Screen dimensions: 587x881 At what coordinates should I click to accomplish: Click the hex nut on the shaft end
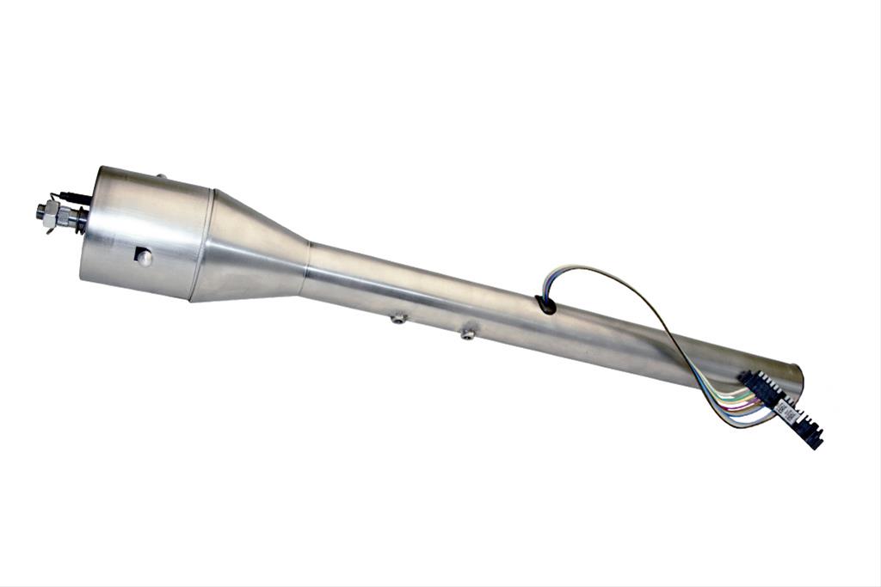[x=53, y=211]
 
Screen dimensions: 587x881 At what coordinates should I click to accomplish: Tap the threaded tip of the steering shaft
[x=40, y=210]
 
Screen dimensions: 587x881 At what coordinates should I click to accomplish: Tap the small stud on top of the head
[x=161, y=177]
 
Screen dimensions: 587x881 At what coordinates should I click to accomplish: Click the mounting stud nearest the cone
[x=397, y=319]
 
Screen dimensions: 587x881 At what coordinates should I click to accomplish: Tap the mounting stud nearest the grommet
[x=467, y=333]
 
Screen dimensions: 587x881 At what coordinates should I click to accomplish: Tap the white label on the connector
[x=786, y=408]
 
